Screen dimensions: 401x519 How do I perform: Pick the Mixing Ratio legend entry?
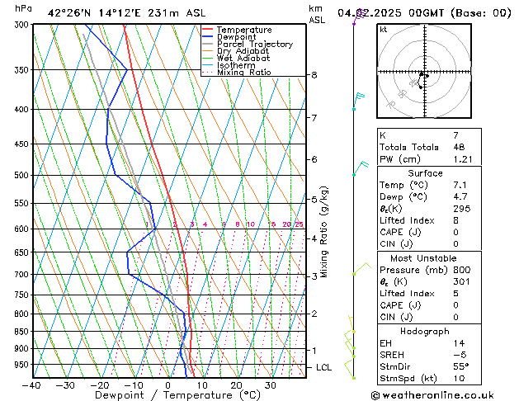coord(244,73)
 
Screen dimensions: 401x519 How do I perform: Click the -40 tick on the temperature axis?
coord(32,385)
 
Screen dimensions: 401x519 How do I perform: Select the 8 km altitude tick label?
coord(314,75)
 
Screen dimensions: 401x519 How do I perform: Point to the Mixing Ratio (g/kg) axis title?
coord(325,232)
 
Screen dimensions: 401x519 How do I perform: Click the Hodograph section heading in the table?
coord(425,331)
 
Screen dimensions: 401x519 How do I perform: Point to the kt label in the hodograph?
coord(383,30)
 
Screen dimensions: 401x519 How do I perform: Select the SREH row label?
coord(393,355)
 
